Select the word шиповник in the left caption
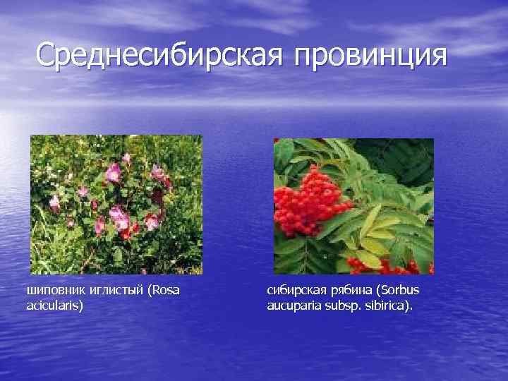pos(52,291)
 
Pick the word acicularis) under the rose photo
pos(54,306)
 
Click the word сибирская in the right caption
pos(294,291)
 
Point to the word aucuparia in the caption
pos(294,306)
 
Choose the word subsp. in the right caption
pos(346,306)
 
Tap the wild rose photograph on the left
pos(116,204)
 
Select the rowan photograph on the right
pos(353,205)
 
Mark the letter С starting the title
pos(46,56)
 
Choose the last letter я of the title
pos(439,56)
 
